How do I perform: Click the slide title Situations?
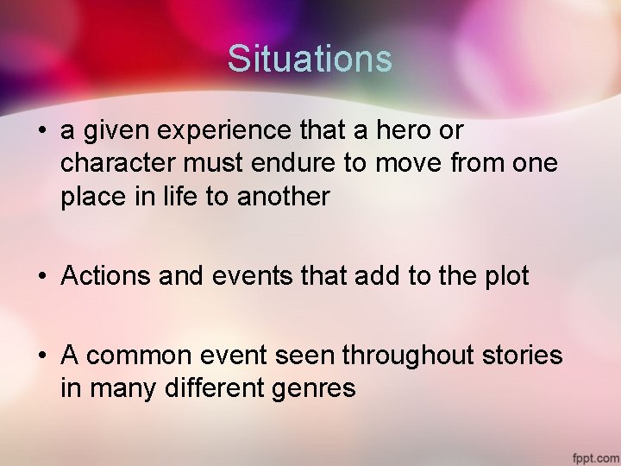click(310, 59)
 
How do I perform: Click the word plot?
click(505, 276)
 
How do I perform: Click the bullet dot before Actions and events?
click(41, 277)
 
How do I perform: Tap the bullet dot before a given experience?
click(41, 132)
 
